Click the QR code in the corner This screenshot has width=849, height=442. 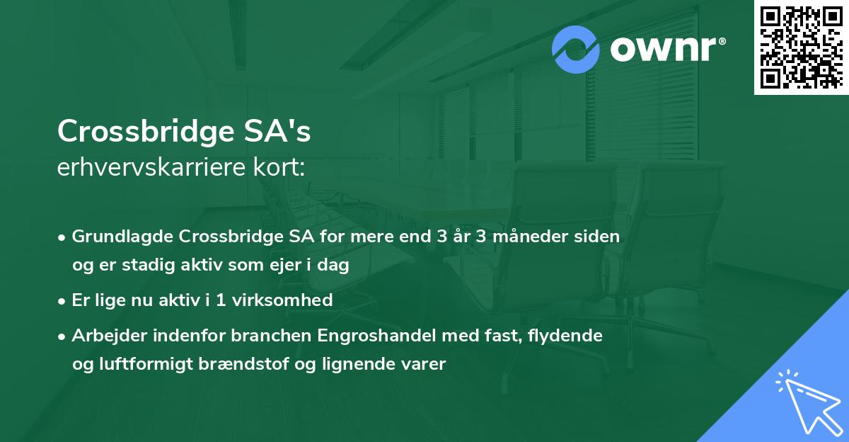802,47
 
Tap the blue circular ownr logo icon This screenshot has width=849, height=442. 576,49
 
